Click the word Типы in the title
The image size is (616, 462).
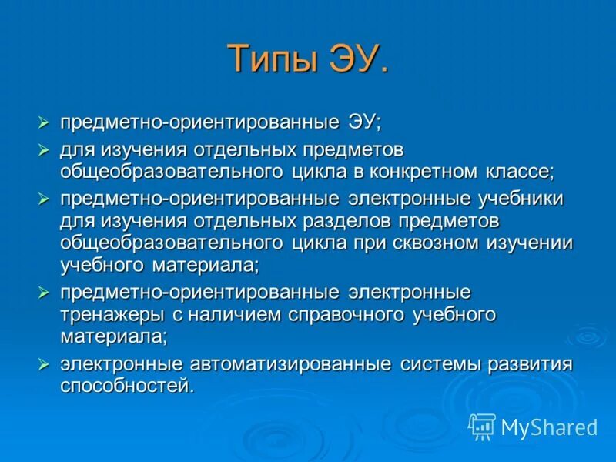point(270,60)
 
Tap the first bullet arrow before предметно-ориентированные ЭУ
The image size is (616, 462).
point(45,123)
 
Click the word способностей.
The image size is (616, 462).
point(125,385)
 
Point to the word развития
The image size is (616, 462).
point(529,363)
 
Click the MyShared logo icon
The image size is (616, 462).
point(481,426)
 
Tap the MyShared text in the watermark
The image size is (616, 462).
point(548,427)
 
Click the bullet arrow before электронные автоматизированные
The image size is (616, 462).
point(45,363)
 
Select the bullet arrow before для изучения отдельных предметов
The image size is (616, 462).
point(45,147)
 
